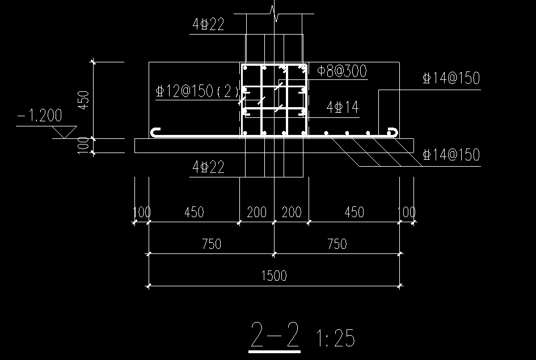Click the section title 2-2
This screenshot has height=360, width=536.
tap(275, 334)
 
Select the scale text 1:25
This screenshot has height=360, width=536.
tap(335, 338)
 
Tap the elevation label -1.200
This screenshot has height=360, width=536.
tap(40, 116)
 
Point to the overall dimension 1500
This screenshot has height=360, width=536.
tap(274, 276)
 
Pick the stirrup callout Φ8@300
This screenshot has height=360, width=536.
tap(342, 71)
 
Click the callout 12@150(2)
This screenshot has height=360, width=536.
tap(197, 91)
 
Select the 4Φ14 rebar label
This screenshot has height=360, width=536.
tap(343, 107)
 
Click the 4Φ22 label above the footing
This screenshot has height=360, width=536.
tap(208, 24)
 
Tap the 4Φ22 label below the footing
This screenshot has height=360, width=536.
tap(208, 167)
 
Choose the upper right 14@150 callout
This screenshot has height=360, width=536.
tap(451, 78)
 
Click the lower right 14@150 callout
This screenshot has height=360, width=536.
tap(451, 155)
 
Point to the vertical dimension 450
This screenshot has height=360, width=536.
tap(83, 100)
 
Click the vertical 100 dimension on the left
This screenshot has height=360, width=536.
tap(83, 146)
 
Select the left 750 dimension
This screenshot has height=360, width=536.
tap(212, 244)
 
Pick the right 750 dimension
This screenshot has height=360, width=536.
tap(337, 244)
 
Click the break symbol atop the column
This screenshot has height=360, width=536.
tap(275, 14)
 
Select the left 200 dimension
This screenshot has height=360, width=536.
tap(257, 212)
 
